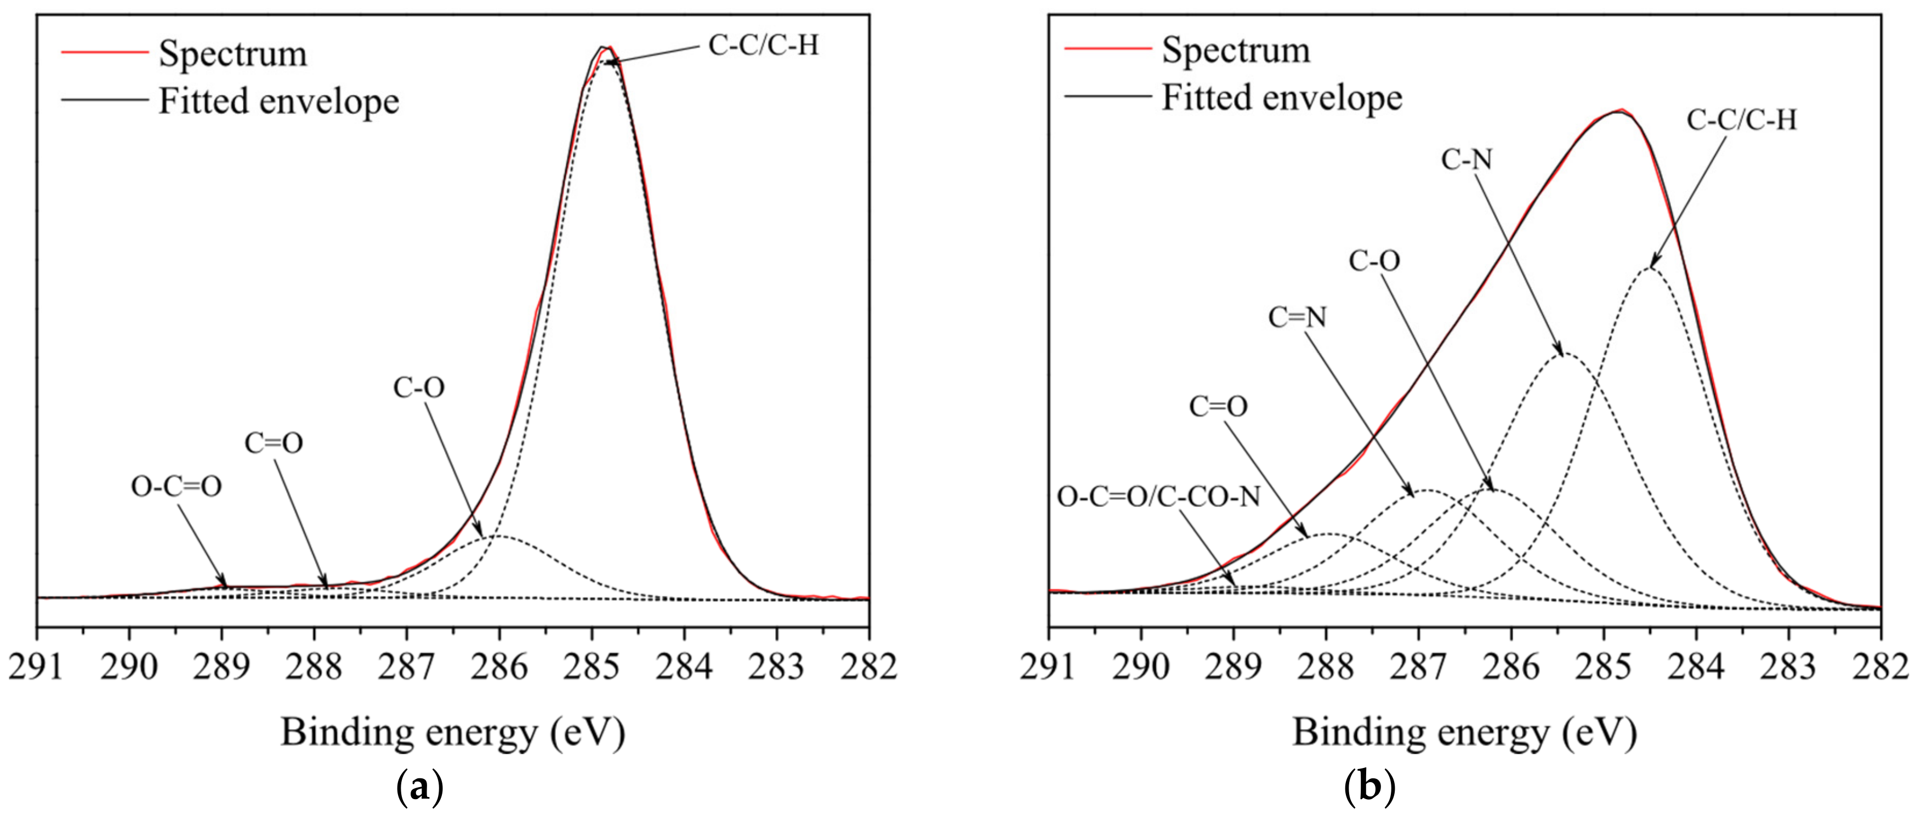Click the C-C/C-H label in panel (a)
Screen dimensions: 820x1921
click(x=763, y=46)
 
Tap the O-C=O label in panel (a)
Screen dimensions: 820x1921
click(x=176, y=487)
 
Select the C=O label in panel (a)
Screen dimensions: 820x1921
click(x=274, y=443)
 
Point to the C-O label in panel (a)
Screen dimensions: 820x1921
click(x=418, y=388)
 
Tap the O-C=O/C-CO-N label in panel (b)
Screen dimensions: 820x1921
click(x=1158, y=497)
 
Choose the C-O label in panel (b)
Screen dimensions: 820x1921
click(x=1374, y=261)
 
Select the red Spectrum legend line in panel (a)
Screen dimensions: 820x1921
click(x=104, y=52)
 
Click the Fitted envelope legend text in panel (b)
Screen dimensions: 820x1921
click(x=1282, y=98)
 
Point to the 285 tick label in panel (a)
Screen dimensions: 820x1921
click(x=592, y=665)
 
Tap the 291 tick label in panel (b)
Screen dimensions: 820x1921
click(x=1048, y=665)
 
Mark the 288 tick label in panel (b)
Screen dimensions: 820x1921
click(x=1325, y=665)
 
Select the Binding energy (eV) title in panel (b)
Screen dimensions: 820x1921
click(x=1464, y=733)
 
